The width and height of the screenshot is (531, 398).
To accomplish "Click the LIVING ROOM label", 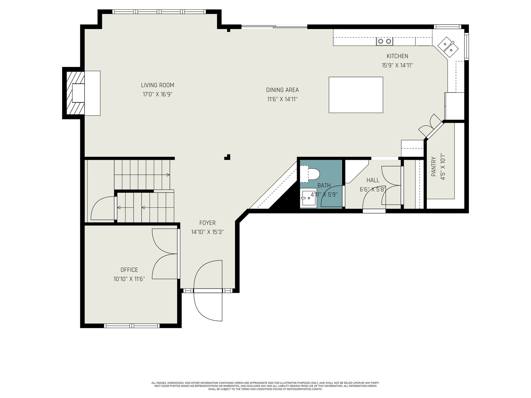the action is click(x=158, y=85).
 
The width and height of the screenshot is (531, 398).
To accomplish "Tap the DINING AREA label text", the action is click(x=282, y=90).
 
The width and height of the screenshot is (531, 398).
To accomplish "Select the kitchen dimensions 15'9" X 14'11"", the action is click(x=397, y=65).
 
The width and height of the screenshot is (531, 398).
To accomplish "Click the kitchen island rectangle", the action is click(x=356, y=95).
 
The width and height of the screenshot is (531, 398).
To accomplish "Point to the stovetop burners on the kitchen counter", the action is click(x=384, y=41).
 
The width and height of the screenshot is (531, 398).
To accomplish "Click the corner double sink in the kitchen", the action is click(x=448, y=47).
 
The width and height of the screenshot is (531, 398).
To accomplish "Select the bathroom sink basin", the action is click(x=308, y=198).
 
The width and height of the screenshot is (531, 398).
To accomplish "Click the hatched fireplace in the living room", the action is click(x=75, y=93).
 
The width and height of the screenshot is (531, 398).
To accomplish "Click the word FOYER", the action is click(x=207, y=223).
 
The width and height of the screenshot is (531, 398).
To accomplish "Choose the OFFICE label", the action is click(x=129, y=270).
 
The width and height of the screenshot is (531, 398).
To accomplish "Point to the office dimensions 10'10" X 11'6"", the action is click(x=129, y=279).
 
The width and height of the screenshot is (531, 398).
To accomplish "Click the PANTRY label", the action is click(x=433, y=166).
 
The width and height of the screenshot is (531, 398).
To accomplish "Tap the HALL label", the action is click(x=373, y=180).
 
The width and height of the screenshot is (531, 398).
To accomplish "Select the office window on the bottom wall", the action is click(x=132, y=325).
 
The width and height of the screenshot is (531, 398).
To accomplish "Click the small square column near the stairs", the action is click(x=227, y=157).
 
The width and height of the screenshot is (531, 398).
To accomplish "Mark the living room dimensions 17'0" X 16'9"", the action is click(x=158, y=94).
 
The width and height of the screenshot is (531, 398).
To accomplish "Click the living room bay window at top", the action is click(x=159, y=11).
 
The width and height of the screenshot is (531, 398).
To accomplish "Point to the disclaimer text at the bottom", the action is click(x=265, y=386).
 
